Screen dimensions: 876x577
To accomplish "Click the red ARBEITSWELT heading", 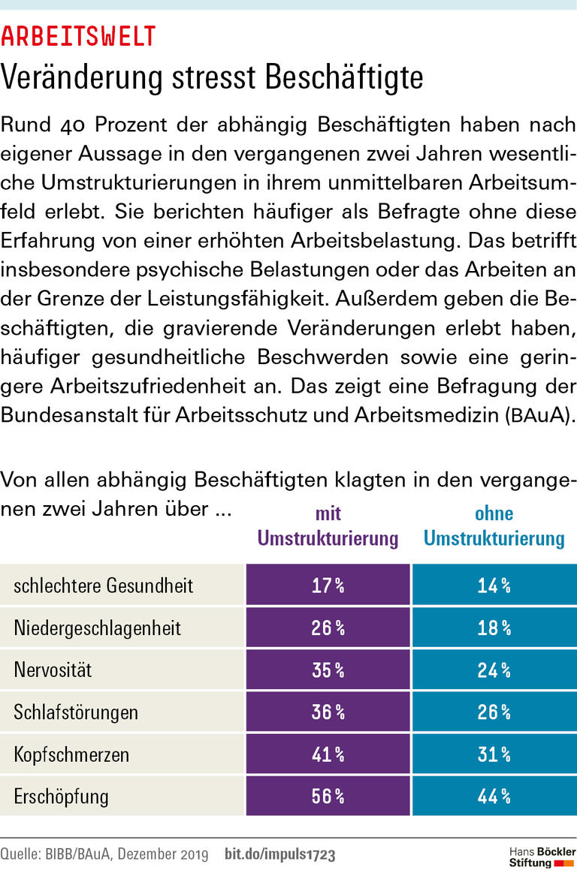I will (79, 35).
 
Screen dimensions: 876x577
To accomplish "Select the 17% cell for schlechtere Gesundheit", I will (328, 586).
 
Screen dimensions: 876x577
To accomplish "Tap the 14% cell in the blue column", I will (494, 586).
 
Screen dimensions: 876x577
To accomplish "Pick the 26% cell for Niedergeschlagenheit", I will (328, 628).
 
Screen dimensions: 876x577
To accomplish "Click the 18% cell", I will (494, 628).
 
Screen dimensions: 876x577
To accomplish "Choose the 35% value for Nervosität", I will (328, 670).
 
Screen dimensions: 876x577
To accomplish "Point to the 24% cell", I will (494, 670).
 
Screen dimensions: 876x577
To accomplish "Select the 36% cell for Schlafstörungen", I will (328, 712).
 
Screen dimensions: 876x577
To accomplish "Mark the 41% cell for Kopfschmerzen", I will (328, 754).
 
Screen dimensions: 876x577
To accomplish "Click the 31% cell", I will (494, 754).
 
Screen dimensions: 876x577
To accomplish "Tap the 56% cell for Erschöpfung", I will (328, 796).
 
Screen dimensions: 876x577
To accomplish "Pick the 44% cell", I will (494, 796).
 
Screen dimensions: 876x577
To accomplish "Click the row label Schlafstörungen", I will (76, 712).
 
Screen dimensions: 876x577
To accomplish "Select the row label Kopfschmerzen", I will (71, 754).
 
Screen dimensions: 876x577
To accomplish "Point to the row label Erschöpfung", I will (62, 796).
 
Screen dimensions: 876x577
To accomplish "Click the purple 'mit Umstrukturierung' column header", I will (328, 526).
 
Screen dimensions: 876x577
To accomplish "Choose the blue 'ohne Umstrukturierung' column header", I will (494, 526).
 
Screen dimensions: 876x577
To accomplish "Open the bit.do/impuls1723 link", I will (280, 854).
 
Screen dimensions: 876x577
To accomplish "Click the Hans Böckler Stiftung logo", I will (542, 856).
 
